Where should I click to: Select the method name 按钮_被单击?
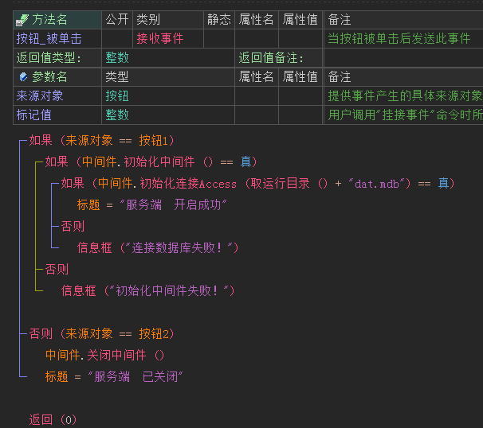tap(49, 38)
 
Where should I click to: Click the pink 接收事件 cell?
tap(159, 38)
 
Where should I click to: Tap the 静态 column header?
tap(219, 19)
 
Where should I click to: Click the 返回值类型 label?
tap(49, 57)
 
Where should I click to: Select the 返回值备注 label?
tap(271, 57)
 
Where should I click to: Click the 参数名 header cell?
tap(49, 76)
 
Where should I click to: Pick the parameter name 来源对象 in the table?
tap(40, 95)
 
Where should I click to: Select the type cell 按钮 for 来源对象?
tap(117, 95)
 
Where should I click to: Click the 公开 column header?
tap(117, 19)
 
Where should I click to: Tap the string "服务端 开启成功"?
tap(173, 205)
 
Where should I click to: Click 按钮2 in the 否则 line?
tap(156, 334)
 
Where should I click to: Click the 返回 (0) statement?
tap(53, 420)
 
